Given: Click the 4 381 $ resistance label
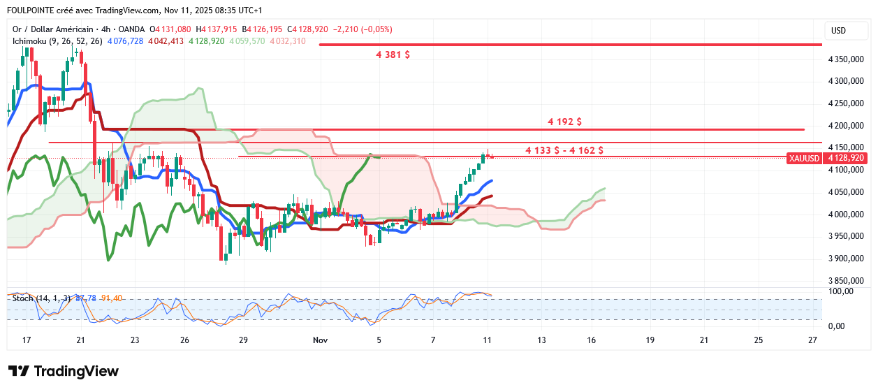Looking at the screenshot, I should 393,55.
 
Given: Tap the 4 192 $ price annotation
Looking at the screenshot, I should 565,122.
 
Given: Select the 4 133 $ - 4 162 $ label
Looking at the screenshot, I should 564,150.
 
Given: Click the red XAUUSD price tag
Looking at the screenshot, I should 803,159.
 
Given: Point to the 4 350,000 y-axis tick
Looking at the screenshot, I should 847,59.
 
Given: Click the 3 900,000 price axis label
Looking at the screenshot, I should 847,259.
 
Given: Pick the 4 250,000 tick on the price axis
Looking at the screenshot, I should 847,103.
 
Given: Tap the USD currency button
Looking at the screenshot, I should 838,31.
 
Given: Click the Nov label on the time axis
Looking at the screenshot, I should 321,340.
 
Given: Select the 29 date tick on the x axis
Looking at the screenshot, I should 243,340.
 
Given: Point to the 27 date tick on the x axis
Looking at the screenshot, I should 812,340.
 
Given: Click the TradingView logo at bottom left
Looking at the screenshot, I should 63,371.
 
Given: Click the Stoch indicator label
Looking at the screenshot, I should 23,298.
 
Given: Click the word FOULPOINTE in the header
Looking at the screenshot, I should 31,10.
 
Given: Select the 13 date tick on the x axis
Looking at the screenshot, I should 542,340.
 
